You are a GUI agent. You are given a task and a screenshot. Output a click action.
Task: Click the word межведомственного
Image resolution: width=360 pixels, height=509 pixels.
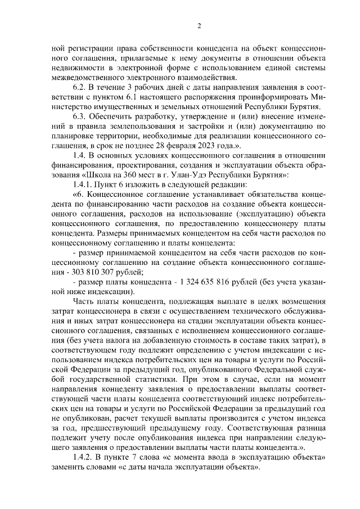(93, 77)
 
